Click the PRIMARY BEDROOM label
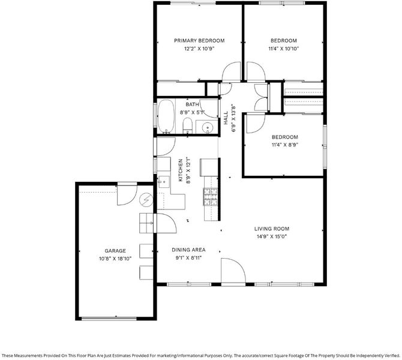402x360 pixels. click(199, 41)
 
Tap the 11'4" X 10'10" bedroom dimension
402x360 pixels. click(284, 49)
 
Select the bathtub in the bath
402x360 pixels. click(166, 116)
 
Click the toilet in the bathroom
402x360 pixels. click(188, 125)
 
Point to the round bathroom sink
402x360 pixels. click(206, 127)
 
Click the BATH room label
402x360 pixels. click(192, 104)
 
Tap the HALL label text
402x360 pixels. click(226, 118)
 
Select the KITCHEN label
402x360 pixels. click(181, 170)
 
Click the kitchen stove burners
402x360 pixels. click(211, 197)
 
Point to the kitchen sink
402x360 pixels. click(164, 181)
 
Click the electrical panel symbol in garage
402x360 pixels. click(146, 200)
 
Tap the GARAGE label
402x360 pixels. click(115, 251)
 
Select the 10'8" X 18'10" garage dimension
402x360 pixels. click(115, 259)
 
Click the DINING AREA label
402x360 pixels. click(188, 250)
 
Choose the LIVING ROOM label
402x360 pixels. click(272, 229)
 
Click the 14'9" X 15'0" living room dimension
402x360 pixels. click(272, 236)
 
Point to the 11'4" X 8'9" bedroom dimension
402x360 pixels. click(285, 145)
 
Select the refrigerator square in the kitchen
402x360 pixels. click(209, 167)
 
